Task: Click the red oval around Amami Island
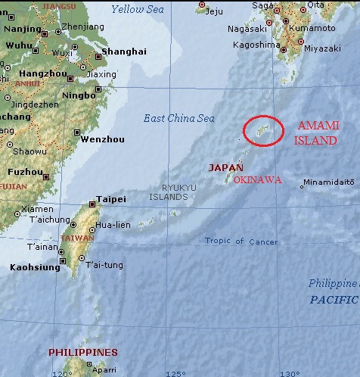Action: (x=263, y=130)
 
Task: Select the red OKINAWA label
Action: (x=258, y=180)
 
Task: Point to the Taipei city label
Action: (x=106, y=201)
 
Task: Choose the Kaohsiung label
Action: (x=36, y=267)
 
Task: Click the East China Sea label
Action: (x=179, y=118)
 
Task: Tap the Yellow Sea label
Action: (x=137, y=9)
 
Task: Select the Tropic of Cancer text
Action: (x=241, y=241)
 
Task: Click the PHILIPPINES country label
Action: (x=83, y=352)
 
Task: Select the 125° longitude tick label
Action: (x=175, y=372)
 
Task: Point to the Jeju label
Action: (x=214, y=11)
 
